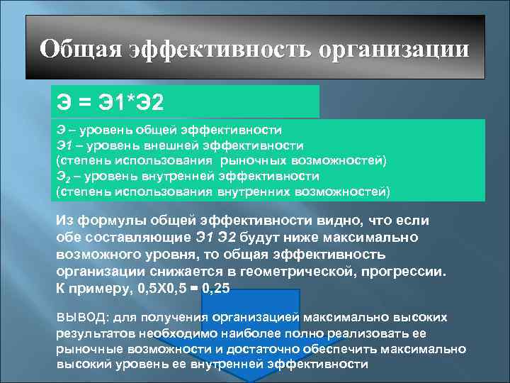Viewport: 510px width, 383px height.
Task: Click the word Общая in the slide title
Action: [x=80, y=50]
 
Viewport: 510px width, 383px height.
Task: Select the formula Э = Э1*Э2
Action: [x=110, y=104]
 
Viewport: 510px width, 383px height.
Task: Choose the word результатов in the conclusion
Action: [x=93, y=333]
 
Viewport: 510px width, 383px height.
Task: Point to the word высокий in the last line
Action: [x=87, y=365]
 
